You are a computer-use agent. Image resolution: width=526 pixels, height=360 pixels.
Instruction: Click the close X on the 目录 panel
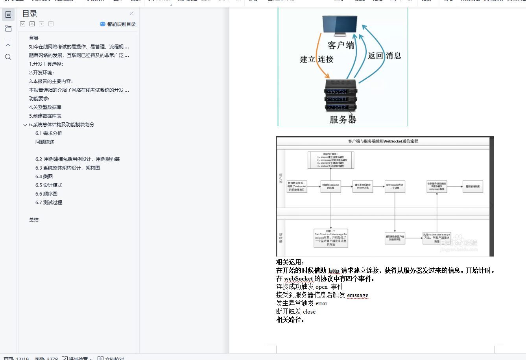tap(131, 13)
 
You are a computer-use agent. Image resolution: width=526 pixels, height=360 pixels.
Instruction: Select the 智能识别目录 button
tap(118, 24)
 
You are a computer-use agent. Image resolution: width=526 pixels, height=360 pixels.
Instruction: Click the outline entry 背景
tap(34, 38)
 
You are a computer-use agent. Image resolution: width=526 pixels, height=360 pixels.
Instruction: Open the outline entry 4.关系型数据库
tap(45, 107)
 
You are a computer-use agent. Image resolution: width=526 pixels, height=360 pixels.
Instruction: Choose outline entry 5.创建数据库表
tap(45, 116)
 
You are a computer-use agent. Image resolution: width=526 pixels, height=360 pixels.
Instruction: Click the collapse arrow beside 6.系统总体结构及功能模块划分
tap(25, 125)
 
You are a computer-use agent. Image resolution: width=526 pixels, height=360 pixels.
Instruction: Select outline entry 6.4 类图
tap(44, 176)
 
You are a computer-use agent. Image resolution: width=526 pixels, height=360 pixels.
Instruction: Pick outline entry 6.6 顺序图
tap(46, 194)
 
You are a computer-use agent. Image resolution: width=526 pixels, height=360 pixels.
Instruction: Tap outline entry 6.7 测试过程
tap(49, 202)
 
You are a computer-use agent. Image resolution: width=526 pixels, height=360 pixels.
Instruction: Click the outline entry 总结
tap(34, 220)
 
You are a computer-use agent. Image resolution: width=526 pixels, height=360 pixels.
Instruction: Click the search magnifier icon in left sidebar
tap(8, 57)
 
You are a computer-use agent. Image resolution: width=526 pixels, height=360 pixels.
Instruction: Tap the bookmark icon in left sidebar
tap(8, 43)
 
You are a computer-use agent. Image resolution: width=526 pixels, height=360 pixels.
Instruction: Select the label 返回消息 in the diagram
tap(384, 56)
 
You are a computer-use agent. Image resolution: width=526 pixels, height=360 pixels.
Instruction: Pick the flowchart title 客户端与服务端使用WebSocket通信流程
tap(383, 141)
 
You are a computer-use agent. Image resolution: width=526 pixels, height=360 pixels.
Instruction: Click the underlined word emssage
tap(358, 295)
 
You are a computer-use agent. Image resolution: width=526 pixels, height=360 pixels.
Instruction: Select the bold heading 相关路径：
tap(290, 319)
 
